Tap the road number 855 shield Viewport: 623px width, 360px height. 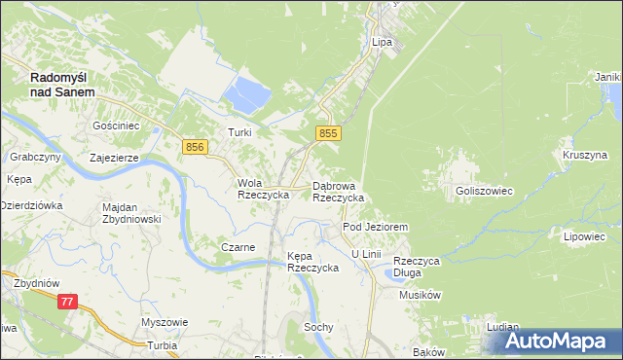pyautogui.click(x=328, y=133)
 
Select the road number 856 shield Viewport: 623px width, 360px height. pyautogui.click(x=195, y=146)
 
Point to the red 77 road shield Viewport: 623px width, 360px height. pyautogui.click(x=67, y=303)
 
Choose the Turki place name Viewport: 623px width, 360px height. pyautogui.click(x=239, y=132)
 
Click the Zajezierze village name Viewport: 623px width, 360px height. pyautogui.click(x=114, y=157)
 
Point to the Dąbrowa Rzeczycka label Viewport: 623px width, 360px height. pyautogui.click(x=338, y=191)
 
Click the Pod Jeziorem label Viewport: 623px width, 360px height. pyautogui.click(x=374, y=227)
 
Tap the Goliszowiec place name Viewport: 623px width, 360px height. pyautogui.click(x=484, y=192)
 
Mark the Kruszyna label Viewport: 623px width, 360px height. pyautogui.click(x=584, y=155)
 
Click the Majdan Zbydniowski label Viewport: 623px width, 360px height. pyautogui.click(x=130, y=213)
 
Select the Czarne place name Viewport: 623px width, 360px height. pyautogui.click(x=238, y=247)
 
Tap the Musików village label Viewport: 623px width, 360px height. pyautogui.click(x=421, y=294)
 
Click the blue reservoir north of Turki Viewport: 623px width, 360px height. pyautogui.click(x=247, y=95)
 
